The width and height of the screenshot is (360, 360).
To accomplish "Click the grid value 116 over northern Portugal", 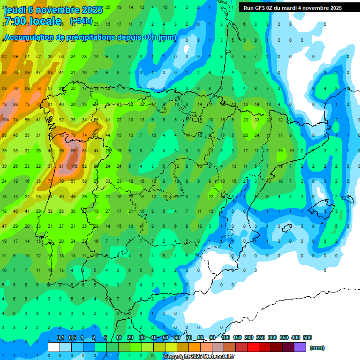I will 74,166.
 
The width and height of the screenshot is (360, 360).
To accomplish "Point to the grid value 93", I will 15,104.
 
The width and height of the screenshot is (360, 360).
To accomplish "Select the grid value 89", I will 73,151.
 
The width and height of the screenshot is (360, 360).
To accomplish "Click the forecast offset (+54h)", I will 81,22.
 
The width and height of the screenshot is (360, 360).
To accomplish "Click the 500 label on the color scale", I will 307,337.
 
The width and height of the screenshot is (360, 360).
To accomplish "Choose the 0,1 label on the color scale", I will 60,337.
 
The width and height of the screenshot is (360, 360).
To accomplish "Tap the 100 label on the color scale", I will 225,337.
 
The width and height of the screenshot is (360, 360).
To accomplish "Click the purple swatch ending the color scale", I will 300,347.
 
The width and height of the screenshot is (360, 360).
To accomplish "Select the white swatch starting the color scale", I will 53,347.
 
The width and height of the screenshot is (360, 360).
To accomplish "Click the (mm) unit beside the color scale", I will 317,348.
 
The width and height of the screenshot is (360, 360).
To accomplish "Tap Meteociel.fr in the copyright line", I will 216,357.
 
